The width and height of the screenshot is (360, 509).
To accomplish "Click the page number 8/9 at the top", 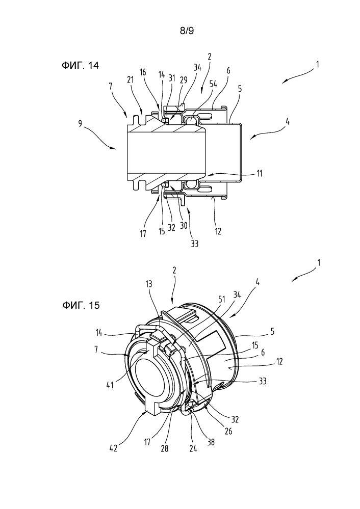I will pyautogui.click(x=187, y=31).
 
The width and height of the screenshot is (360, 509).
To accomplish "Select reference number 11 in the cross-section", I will pyautogui.click(x=260, y=174).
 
